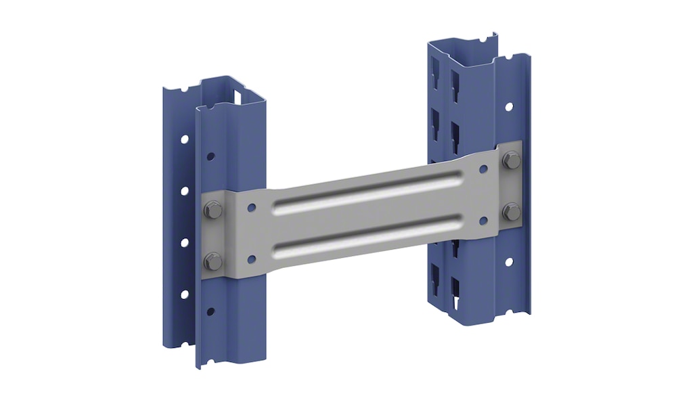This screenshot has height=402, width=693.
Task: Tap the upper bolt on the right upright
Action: click(512, 161)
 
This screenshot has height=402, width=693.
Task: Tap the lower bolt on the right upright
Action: click(512, 212)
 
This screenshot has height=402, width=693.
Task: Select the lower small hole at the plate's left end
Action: click(252, 259)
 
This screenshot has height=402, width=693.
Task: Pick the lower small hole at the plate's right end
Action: click(483, 219)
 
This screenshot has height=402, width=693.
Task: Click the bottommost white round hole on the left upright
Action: click(183, 294)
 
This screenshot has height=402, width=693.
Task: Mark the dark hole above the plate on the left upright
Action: click(211, 156)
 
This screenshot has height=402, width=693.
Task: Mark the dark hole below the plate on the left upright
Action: click(210, 311)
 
